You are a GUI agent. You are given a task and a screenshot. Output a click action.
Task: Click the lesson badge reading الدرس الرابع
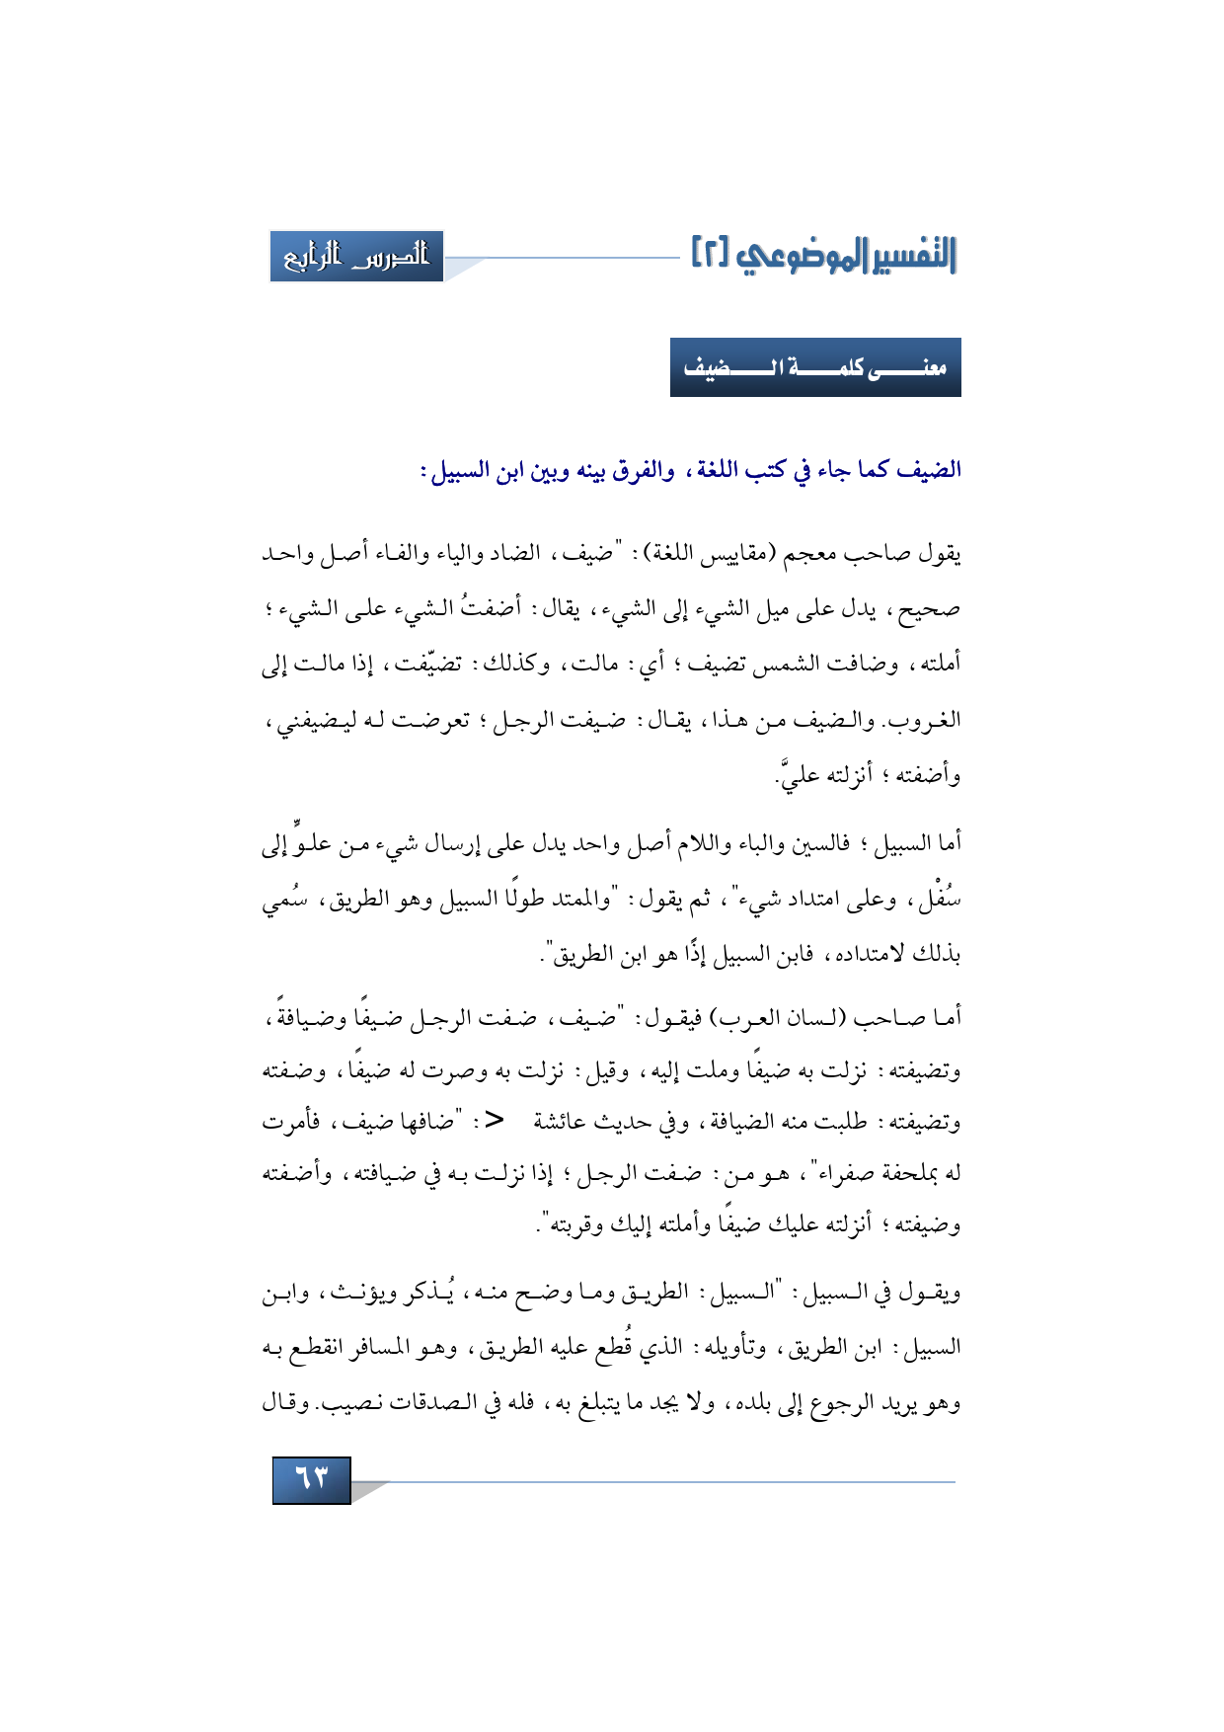pos(356,257)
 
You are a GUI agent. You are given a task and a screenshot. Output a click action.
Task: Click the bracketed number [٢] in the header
pos(710,254)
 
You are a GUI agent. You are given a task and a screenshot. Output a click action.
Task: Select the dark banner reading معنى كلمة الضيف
pos(815,367)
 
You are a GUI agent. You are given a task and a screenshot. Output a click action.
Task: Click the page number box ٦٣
pos(311,1479)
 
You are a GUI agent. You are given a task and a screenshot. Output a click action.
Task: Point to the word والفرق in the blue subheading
pos(642,470)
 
